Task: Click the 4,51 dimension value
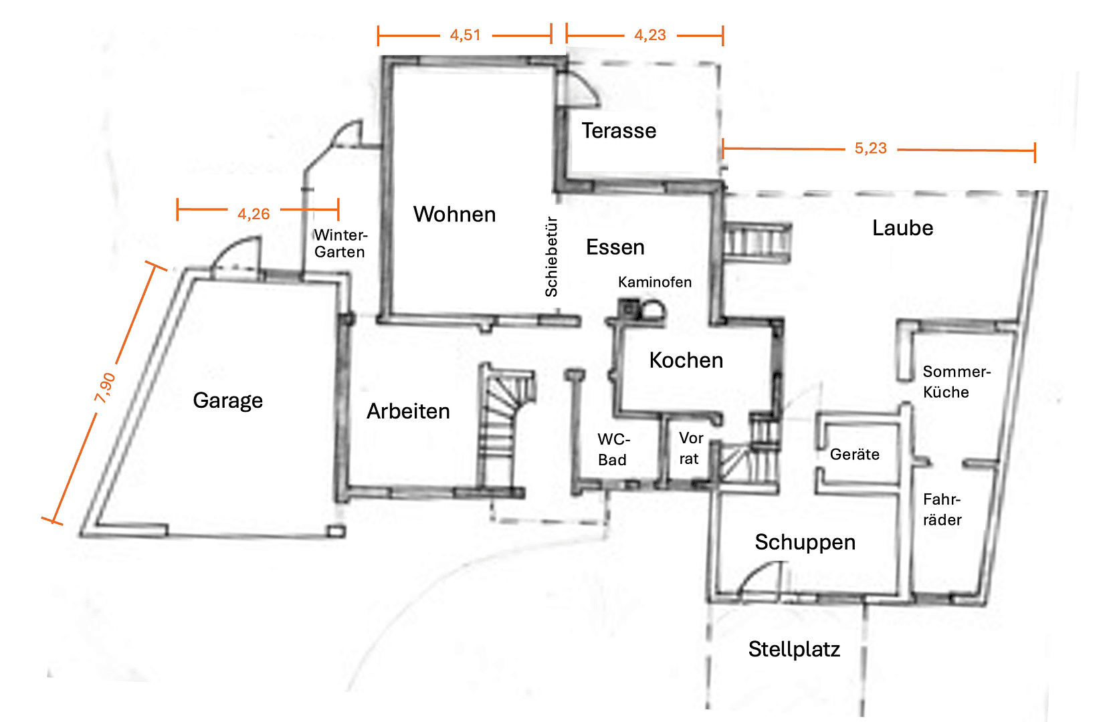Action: (x=465, y=35)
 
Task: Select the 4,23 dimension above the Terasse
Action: (x=649, y=35)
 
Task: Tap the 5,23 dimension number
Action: (x=870, y=148)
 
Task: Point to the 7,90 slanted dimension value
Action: (x=105, y=388)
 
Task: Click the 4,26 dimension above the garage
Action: (x=254, y=214)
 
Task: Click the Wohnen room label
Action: (x=454, y=214)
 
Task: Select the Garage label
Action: (x=227, y=400)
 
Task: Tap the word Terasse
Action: (x=619, y=130)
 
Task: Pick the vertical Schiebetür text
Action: (x=551, y=257)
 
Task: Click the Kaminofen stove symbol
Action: (x=641, y=310)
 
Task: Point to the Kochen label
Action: (x=686, y=360)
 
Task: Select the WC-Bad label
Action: (x=613, y=449)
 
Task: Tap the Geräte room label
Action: (x=854, y=455)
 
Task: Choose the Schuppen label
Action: (x=805, y=541)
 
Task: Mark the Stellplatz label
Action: (x=794, y=649)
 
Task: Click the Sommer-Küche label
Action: (x=956, y=382)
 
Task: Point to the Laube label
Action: (x=902, y=228)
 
